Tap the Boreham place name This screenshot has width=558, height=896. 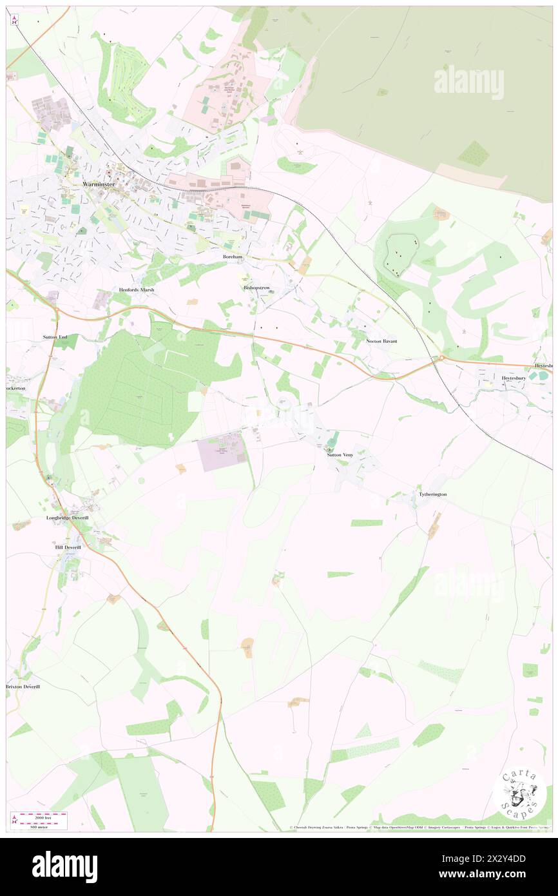[229, 256]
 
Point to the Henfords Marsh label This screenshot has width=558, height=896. [137, 290]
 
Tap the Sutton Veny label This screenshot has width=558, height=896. [340, 455]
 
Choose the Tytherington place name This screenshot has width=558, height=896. [432, 494]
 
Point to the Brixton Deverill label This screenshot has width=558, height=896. [23, 687]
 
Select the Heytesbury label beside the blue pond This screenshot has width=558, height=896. [514, 378]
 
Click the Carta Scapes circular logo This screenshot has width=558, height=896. [520, 792]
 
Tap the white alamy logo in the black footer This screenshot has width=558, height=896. [64, 866]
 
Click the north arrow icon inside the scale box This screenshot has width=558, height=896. [14, 821]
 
